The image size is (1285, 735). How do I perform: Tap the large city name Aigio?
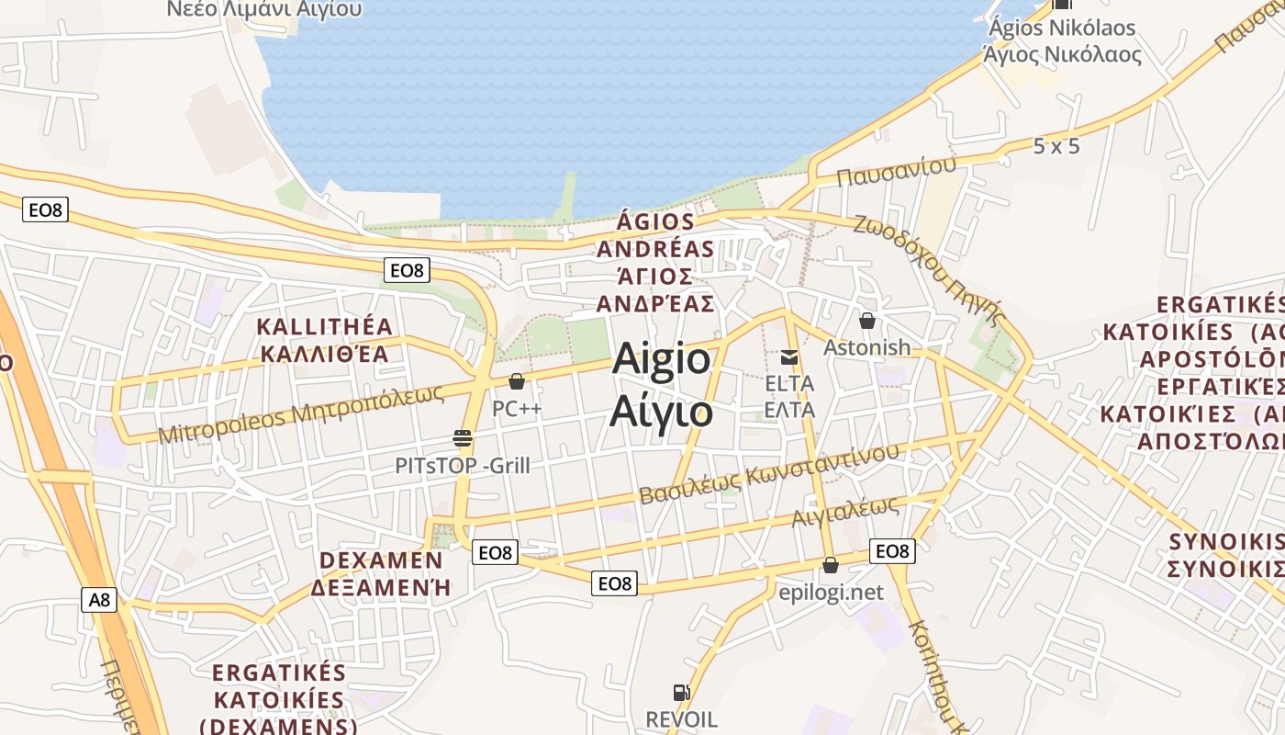(x=661, y=358)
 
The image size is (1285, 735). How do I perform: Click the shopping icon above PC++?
(x=517, y=381)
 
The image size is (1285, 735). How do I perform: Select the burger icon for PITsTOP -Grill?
(x=463, y=438)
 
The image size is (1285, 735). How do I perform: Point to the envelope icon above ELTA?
(x=789, y=357)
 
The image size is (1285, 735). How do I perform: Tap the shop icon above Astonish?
(x=866, y=321)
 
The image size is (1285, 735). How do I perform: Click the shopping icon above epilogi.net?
(x=831, y=565)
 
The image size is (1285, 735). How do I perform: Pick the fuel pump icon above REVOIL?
(x=681, y=693)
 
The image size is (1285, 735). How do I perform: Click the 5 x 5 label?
(x=1056, y=146)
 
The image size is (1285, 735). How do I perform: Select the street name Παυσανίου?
(x=897, y=171)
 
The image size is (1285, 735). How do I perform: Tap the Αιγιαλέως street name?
(x=844, y=512)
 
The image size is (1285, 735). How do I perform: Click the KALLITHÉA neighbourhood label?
(x=325, y=327)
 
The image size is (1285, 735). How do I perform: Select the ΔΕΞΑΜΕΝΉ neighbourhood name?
(x=381, y=588)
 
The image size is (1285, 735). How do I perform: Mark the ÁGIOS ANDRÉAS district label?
(x=655, y=236)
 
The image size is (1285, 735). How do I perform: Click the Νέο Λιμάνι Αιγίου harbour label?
(x=264, y=9)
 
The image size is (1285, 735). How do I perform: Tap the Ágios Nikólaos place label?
(x=1062, y=28)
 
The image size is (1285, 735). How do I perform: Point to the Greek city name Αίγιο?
(x=661, y=411)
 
